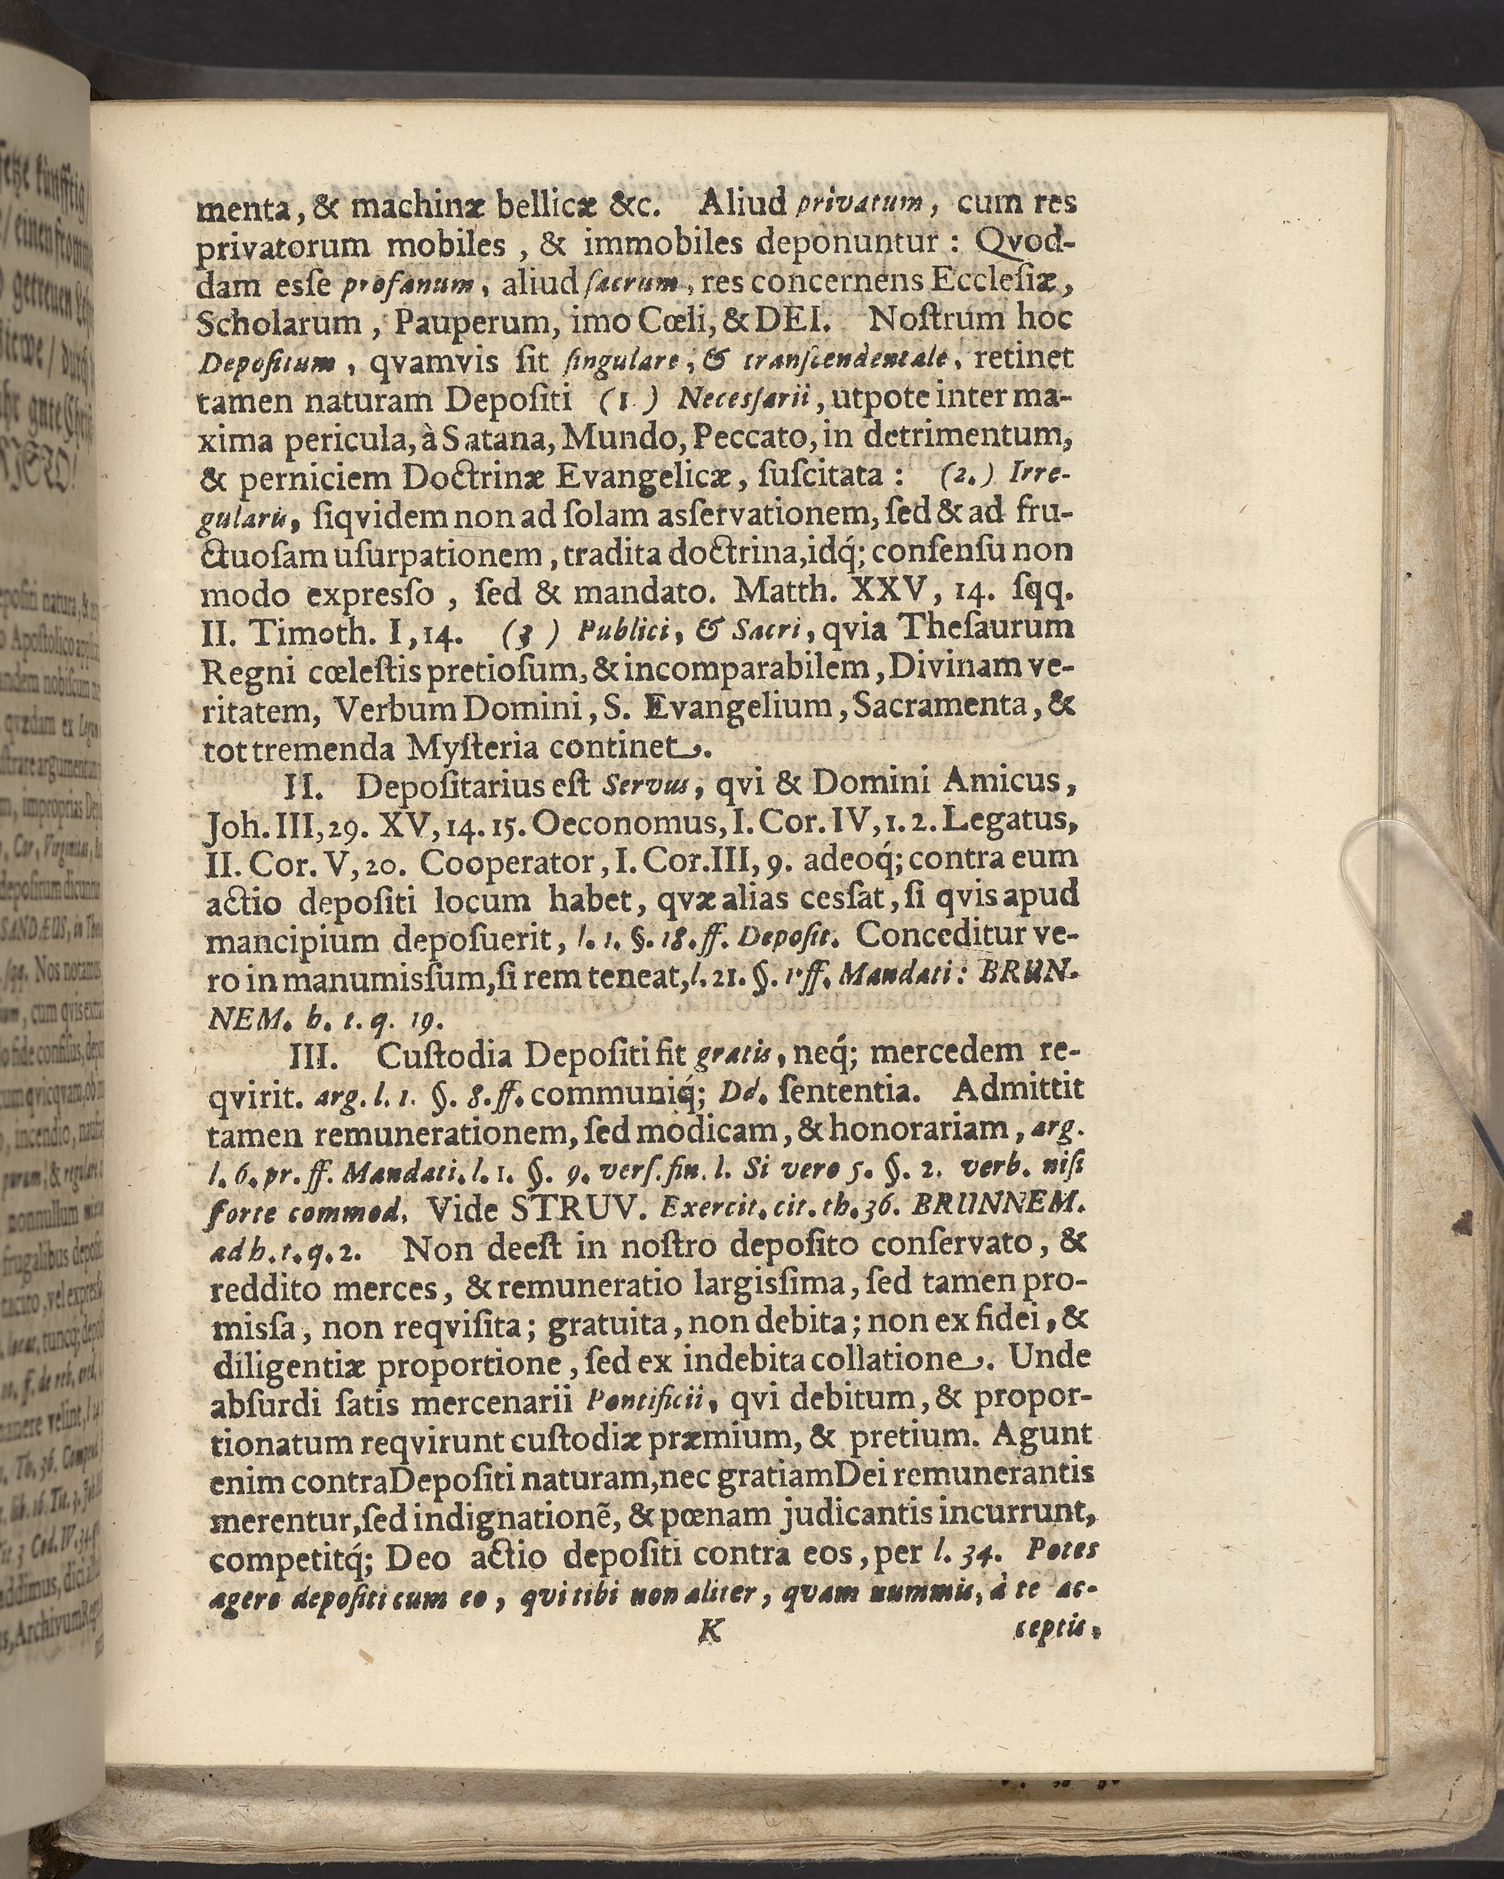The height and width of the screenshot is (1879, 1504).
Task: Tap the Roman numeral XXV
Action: click(x=876, y=592)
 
